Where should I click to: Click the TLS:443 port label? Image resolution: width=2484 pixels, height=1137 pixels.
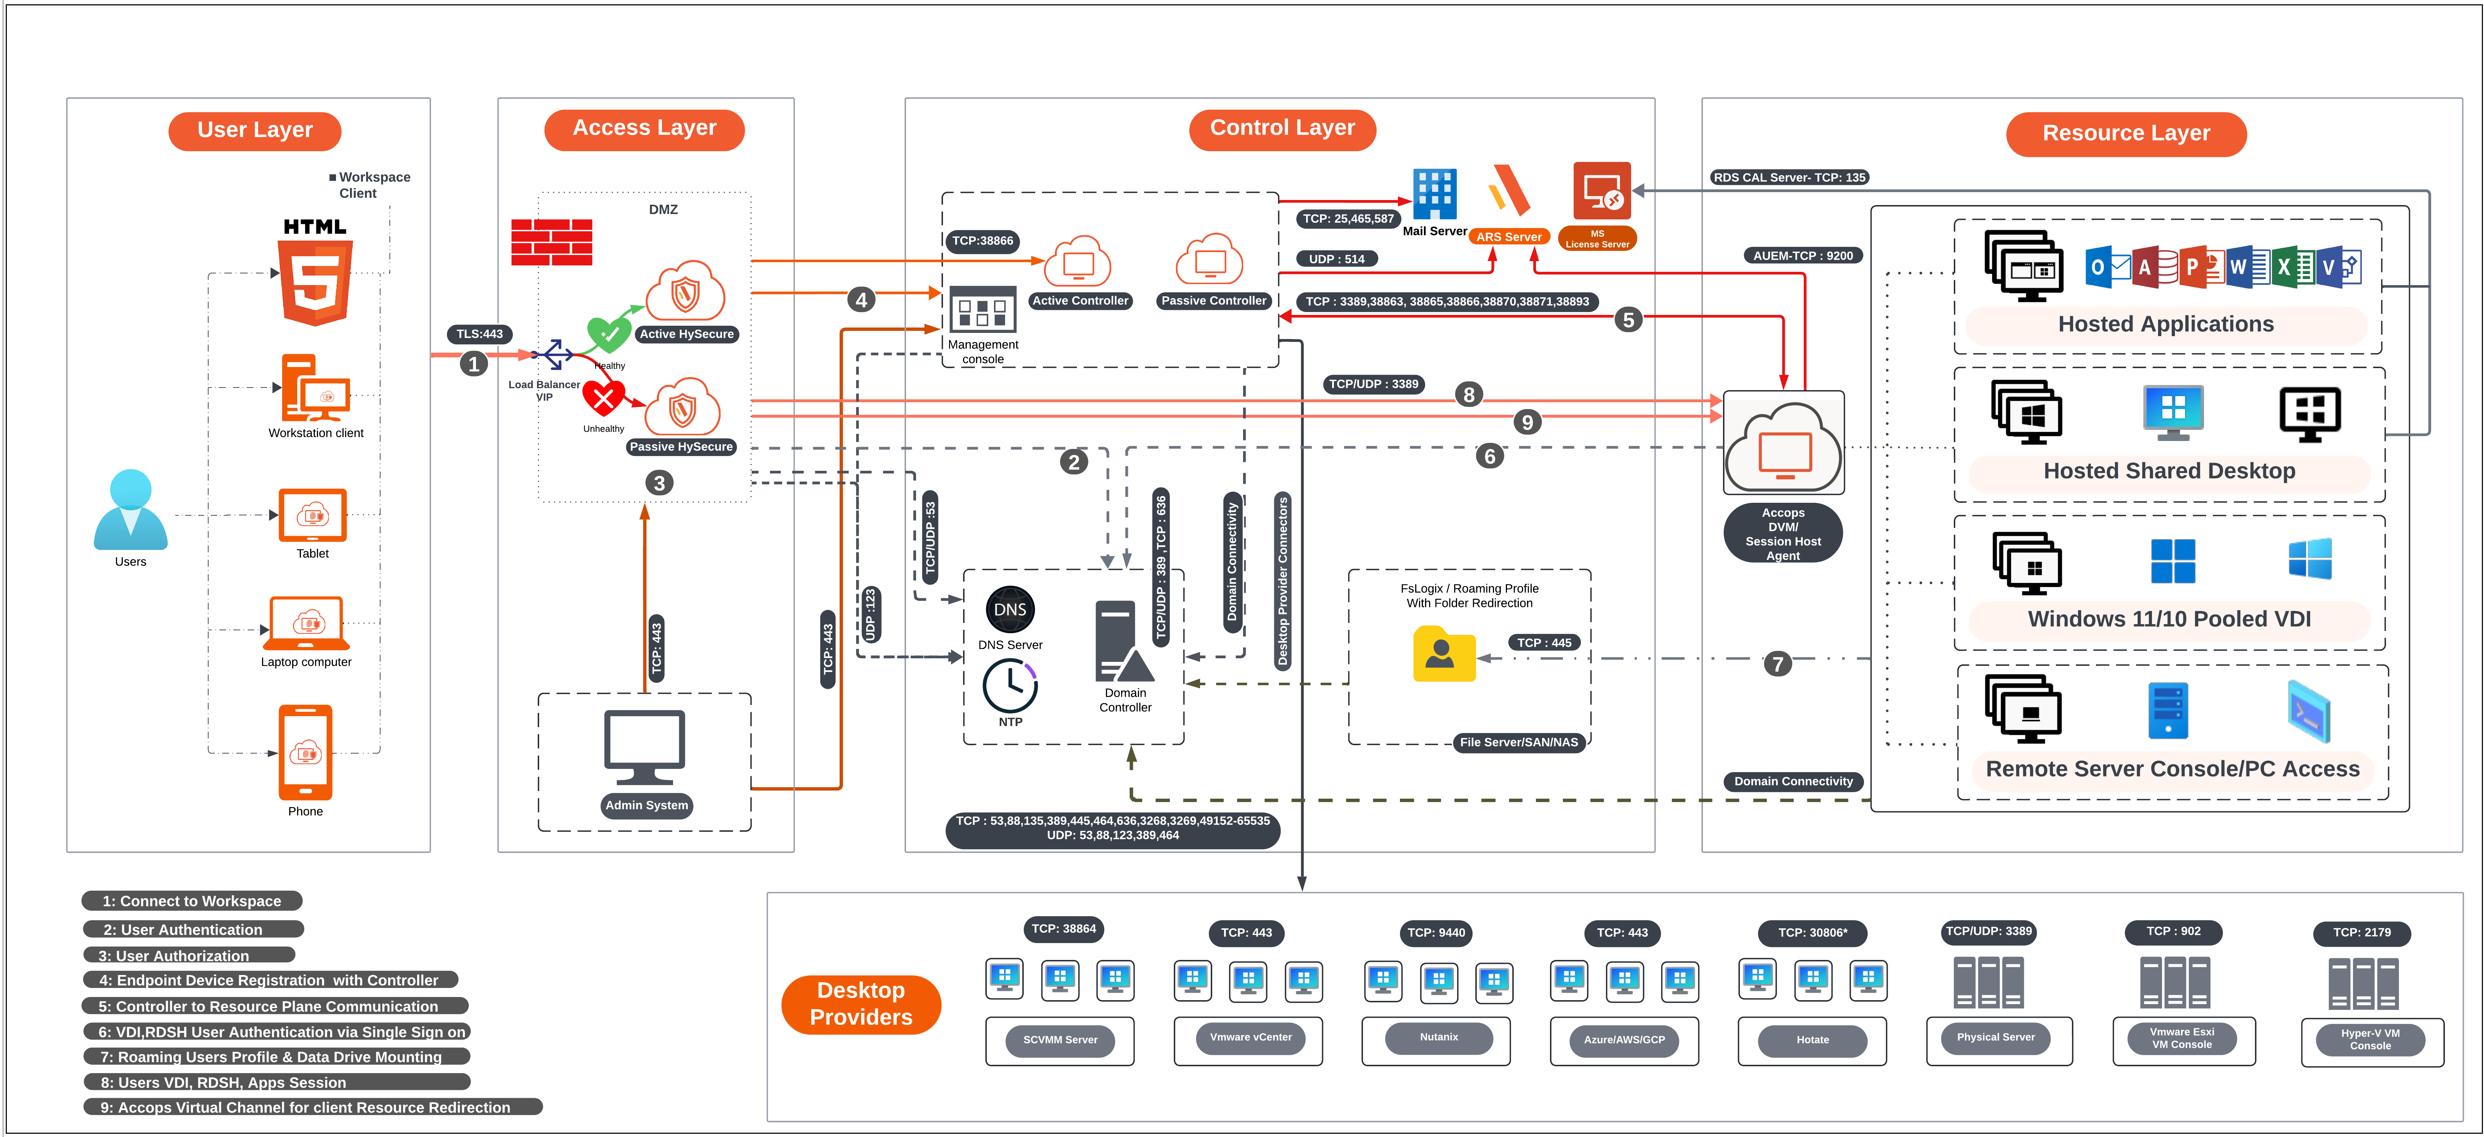click(479, 334)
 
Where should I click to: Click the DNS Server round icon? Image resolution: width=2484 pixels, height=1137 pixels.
click(1010, 609)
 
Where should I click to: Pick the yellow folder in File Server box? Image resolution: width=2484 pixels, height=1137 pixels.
click(1443, 655)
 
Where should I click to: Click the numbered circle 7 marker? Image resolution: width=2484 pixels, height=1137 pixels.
click(1777, 664)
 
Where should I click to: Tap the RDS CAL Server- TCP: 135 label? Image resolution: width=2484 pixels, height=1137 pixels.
click(1789, 177)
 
